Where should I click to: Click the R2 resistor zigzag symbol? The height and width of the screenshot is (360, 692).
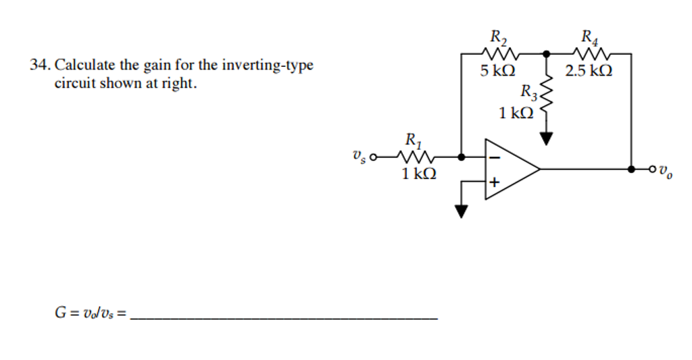(501, 53)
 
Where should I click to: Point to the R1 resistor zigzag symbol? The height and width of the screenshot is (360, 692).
(414, 157)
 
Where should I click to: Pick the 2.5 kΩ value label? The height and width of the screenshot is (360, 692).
(589, 70)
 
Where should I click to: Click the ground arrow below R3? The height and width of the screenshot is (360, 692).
(546, 138)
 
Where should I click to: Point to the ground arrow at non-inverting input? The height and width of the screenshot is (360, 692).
(461, 211)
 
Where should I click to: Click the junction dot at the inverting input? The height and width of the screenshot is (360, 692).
(461, 157)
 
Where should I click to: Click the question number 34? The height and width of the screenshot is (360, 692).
(38, 66)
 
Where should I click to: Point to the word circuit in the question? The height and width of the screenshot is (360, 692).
(74, 84)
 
